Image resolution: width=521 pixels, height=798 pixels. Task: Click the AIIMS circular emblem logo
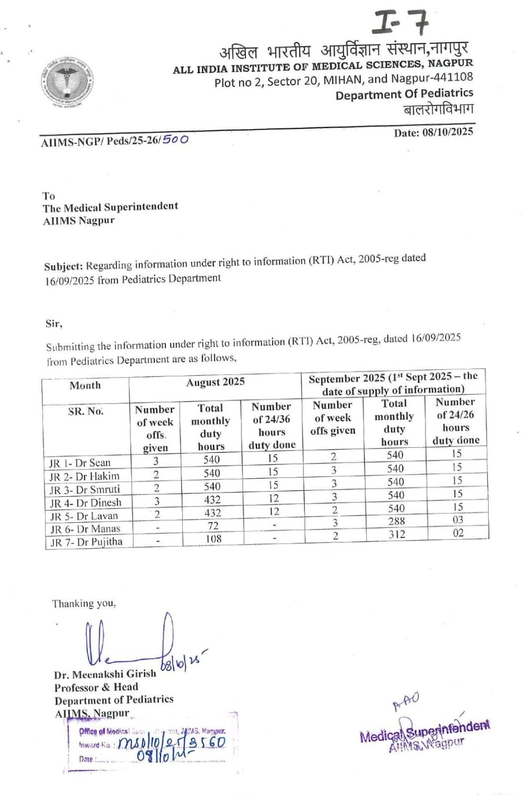pos(68,82)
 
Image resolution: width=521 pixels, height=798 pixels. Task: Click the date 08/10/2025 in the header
pos(433,132)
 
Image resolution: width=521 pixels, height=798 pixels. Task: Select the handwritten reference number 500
pos(175,139)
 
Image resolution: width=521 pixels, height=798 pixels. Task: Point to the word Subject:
pos(63,266)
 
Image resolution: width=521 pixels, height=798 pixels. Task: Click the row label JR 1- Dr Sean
pos(80,463)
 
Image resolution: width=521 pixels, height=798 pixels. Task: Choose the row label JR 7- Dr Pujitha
pos(86,542)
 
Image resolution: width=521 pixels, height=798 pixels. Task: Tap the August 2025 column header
pos(215,382)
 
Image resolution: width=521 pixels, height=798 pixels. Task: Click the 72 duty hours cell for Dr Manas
pos(213,526)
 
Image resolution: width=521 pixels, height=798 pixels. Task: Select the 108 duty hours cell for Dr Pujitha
pos(213,539)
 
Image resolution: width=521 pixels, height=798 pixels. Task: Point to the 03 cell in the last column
pos(458,520)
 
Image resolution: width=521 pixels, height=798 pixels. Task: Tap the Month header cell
pos(85,386)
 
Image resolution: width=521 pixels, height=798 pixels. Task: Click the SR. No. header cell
pos(86,411)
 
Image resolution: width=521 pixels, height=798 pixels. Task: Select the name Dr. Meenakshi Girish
pos(105,674)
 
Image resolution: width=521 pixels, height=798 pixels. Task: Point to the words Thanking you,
pos(84,603)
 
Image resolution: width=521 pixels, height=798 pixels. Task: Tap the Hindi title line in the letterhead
pos(344,50)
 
